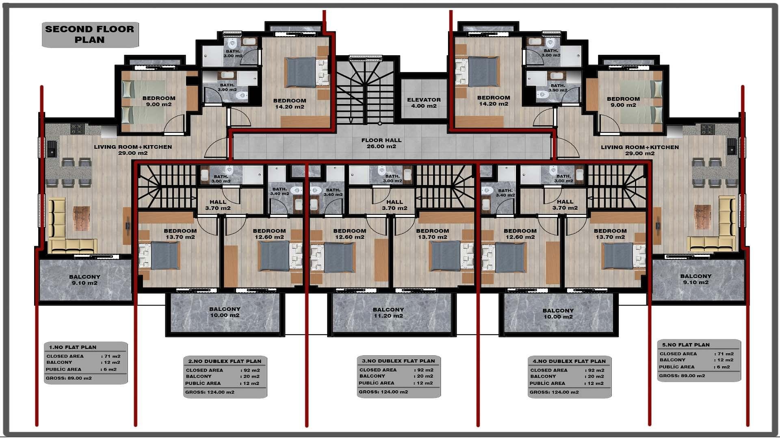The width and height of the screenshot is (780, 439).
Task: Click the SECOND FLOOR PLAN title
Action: pos(89,35)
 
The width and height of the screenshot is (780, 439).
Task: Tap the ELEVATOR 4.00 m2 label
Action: pos(424,103)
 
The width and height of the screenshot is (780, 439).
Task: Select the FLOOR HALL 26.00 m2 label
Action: pos(381,143)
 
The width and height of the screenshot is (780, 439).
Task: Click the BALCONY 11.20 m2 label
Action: pos(388,313)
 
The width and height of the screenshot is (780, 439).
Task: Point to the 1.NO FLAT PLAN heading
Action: pos(73,347)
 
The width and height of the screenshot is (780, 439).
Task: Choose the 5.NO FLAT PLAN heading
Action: pos(686,345)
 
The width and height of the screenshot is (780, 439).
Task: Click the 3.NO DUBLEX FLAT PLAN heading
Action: pos(398,361)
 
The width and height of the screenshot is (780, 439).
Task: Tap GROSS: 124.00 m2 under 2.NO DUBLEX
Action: pos(210,392)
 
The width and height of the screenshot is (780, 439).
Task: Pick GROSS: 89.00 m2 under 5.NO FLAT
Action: pos(682,376)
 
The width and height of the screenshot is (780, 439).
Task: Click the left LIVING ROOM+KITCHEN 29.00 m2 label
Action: pos(133,150)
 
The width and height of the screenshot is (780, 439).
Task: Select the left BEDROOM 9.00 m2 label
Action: pos(159,101)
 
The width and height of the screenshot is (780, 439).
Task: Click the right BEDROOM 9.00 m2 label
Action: pos(623,102)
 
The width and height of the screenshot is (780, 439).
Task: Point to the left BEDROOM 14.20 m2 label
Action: pos(290,104)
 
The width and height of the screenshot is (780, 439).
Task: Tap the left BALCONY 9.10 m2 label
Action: pos(84,280)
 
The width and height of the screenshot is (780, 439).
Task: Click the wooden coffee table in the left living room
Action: pos(81,218)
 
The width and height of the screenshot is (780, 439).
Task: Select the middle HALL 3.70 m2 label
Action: pos(394,205)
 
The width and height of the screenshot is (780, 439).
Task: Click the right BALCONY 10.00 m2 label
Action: pos(558,313)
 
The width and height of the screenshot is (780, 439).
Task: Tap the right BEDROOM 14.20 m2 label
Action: pos(494,101)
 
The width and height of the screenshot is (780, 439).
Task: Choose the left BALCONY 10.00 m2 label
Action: pos(225,312)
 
